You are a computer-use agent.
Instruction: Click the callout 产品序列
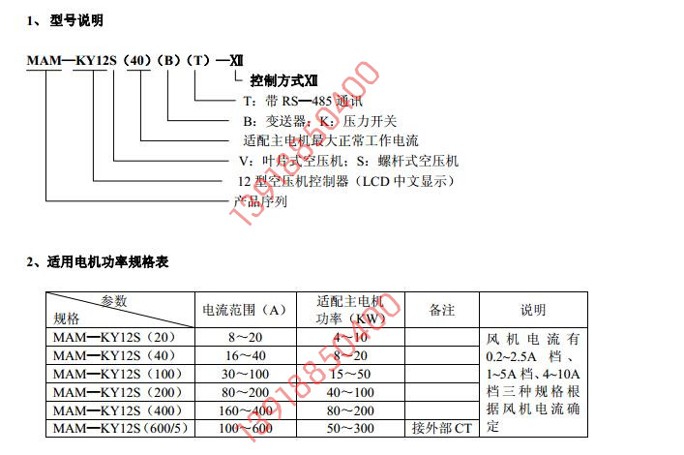click(x=261, y=201)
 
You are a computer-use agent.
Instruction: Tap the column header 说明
click(x=533, y=310)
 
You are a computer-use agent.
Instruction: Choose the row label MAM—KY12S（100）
click(x=118, y=374)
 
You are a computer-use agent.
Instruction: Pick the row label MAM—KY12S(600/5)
click(x=121, y=427)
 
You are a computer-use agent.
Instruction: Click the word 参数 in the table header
click(x=114, y=300)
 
